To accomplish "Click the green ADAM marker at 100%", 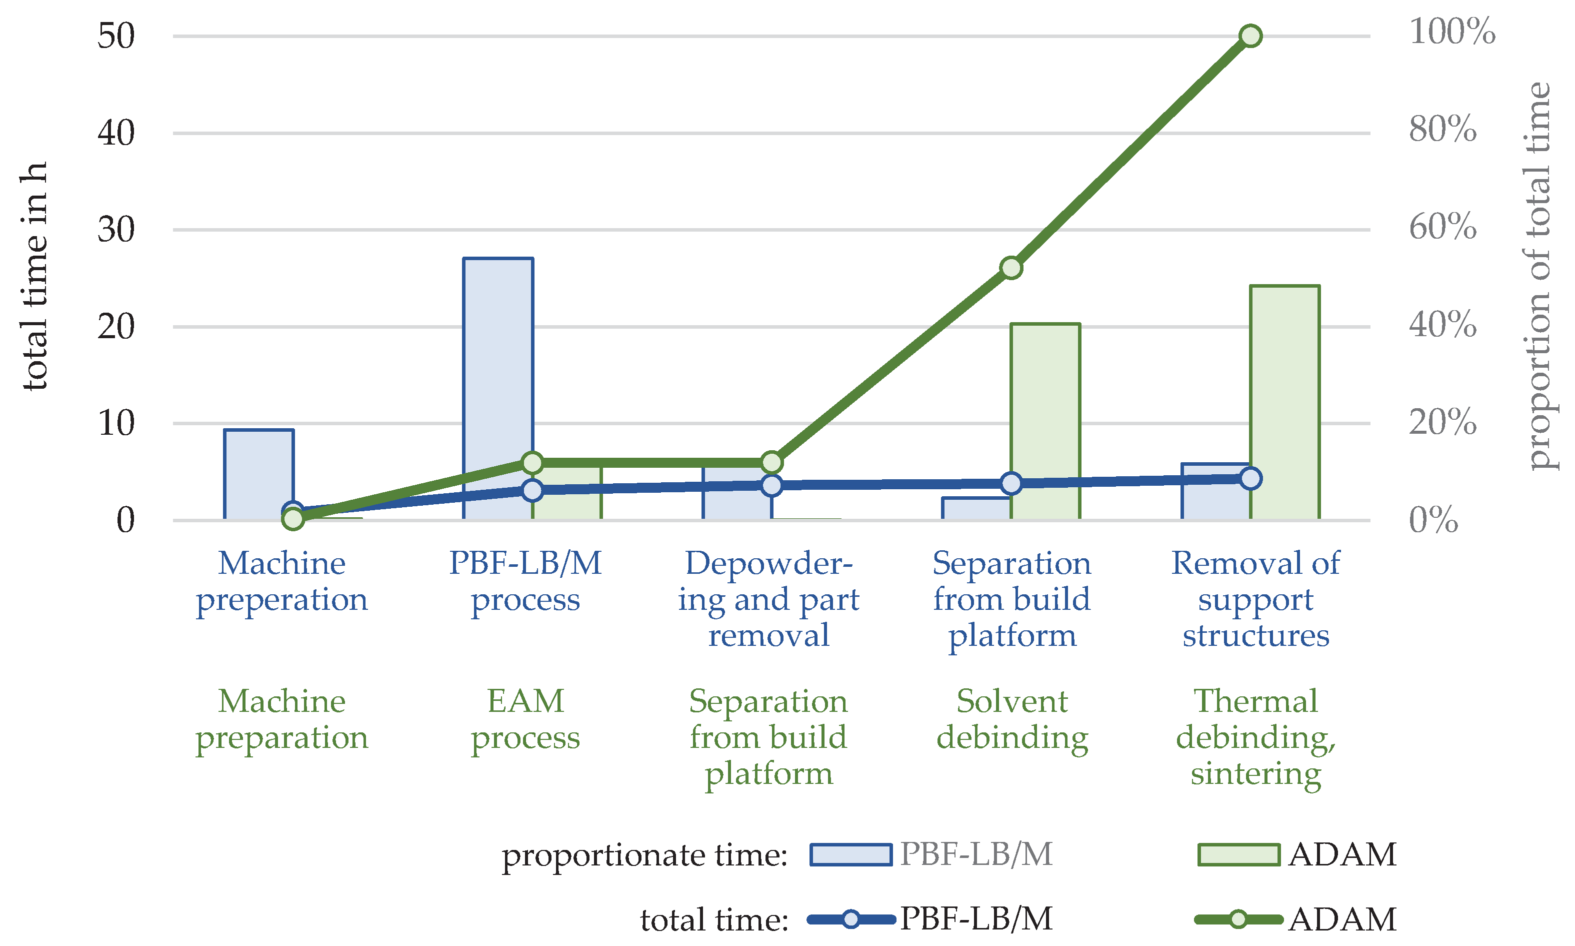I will coord(1250,37).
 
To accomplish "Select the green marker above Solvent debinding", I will coord(1011,268).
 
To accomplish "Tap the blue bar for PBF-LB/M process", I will coord(497,357).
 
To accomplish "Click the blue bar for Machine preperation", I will coord(258,472).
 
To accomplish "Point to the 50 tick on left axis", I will coord(116,37).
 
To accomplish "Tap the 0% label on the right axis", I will coord(1433,520).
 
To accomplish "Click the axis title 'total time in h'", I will coord(34,276).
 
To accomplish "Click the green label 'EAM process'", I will coord(525,719).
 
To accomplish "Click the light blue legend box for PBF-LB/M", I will coord(850,855).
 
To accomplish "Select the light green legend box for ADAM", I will coord(1238,855).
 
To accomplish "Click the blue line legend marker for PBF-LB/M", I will coord(850,919).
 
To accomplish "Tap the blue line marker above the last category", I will coord(1250,478).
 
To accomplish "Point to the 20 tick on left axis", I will coord(116,327).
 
